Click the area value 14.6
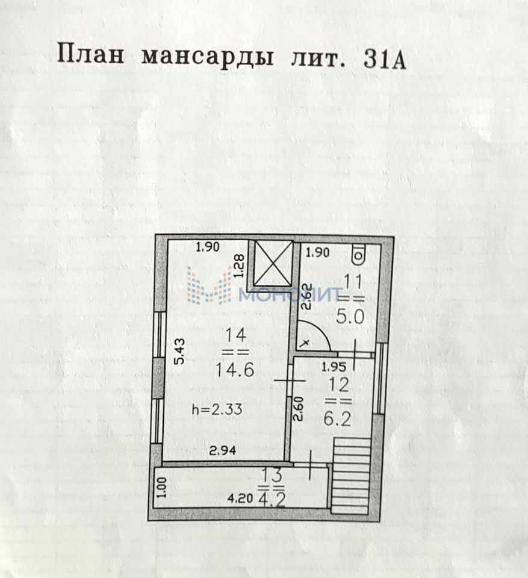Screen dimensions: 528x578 (234, 369)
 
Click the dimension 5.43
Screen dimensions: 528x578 (179, 352)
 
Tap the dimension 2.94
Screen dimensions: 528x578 (222, 449)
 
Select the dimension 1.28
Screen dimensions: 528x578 (239, 266)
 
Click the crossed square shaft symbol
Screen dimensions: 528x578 (273, 263)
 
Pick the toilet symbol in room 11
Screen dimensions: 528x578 (359, 255)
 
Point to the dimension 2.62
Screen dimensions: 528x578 (306, 296)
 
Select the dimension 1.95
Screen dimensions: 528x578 (333, 367)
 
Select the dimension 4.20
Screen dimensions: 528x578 (240, 499)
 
